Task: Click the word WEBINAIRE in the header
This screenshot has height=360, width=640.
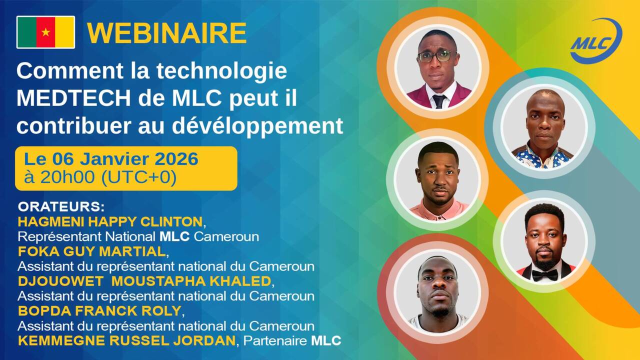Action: [166, 33]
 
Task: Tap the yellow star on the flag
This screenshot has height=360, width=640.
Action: [45, 32]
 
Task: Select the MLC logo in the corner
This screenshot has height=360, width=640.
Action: [596, 41]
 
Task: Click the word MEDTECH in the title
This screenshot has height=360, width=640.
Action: [68, 98]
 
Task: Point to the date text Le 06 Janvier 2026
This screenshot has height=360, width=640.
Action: [111, 159]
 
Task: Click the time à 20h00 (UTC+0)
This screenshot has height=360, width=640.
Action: [100, 177]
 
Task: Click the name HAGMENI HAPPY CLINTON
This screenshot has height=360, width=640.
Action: [110, 221]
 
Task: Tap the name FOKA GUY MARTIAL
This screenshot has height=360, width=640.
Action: [91, 251]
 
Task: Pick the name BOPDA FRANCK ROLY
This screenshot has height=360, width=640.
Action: [99, 310]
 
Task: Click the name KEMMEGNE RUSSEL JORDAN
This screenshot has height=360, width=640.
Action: [126, 341]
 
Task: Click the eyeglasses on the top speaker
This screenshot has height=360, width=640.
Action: [437, 56]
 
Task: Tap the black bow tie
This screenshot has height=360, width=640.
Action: [544, 275]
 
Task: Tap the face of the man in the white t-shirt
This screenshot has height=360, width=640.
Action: [438, 287]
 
